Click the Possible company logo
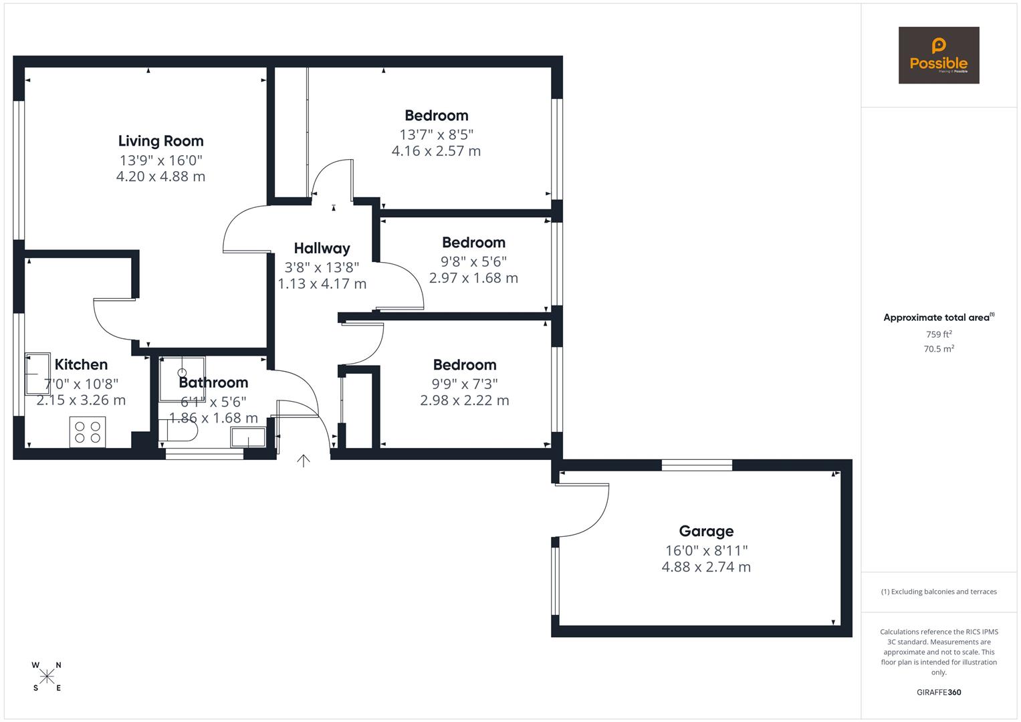pyautogui.click(x=938, y=55)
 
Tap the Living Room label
pyautogui.click(x=160, y=141)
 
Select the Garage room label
pyautogui.click(x=706, y=531)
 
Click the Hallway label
pyautogui.click(x=322, y=249)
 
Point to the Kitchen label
pyautogui.click(x=81, y=365)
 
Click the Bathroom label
pyautogui.click(x=213, y=382)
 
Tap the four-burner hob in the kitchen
pyautogui.click(x=88, y=433)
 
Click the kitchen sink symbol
pyautogui.click(x=37, y=374)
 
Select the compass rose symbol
pyautogui.click(x=47, y=677)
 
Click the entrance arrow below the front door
pyautogui.click(x=304, y=461)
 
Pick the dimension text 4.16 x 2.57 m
pyautogui.click(x=436, y=151)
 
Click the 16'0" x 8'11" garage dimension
pyautogui.click(x=706, y=550)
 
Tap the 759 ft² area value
pyautogui.click(x=938, y=334)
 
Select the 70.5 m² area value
pyautogui.click(x=938, y=349)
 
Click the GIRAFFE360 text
pyautogui.click(x=938, y=692)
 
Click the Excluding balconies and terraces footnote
pyautogui.click(x=938, y=592)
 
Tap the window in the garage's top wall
pyautogui.click(x=697, y=465)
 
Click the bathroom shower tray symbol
pyautogui.click(x=182, y=378)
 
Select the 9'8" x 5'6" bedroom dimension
pyautogui.click(x=473, y=261)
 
